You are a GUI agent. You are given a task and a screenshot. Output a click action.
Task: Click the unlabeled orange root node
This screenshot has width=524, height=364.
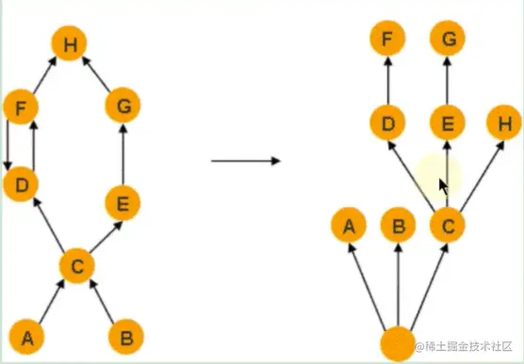click(x=398, y=341)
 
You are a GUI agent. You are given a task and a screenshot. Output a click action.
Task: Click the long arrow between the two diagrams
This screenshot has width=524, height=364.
click(x=245, y=161)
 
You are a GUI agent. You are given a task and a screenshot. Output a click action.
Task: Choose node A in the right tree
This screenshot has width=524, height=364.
click(x=349, y=226)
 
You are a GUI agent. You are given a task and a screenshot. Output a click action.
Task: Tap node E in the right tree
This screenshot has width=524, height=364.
click(x=446, y=122)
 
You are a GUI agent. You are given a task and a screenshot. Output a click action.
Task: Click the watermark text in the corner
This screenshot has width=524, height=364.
click(x=467, y=346)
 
